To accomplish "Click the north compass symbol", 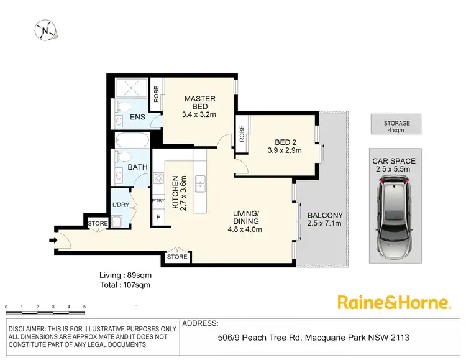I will (x=45, y=29).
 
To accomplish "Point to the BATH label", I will (x=137, y=167).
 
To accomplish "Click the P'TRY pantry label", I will (x=158, y=201).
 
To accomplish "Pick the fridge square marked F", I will (x=158, y=218).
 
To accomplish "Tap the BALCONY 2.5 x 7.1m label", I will (x=325, y=220).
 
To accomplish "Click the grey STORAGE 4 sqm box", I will (x=396, y=124).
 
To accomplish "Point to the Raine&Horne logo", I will (x=393, y=303).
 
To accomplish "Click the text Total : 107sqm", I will (x=125, y=285).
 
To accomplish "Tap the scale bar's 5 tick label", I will (x=85, y=308).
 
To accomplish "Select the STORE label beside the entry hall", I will (x=98, y=224).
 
